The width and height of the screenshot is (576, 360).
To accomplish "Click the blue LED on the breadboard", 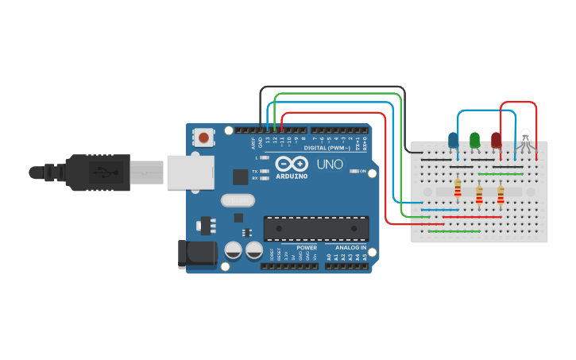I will coord(453,141).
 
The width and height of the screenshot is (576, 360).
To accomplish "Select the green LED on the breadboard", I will coord(474,140).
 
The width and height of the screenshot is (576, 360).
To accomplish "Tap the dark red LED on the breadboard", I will coord(497,141).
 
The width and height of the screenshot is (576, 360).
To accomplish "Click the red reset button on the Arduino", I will coord(204,137).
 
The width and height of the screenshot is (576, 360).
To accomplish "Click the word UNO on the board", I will coord(330,165).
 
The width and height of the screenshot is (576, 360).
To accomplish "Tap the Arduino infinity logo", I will coord(291,164).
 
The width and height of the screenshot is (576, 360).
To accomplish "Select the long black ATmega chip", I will coord(316,227).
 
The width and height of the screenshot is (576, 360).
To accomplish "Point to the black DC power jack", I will coord(198,254).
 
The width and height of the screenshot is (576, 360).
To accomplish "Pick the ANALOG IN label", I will coord(350,247).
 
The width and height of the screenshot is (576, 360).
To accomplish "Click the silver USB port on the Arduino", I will coord(191,172).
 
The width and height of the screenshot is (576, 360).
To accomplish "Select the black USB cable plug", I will coord(95,172).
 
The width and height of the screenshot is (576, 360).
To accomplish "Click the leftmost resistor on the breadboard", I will coord(458,188).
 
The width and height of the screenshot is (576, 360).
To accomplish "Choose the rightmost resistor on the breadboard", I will coord(501,193).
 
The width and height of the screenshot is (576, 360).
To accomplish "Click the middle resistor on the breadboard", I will coord(479,193).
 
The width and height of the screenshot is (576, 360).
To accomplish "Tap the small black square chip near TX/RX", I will coord(240,176).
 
